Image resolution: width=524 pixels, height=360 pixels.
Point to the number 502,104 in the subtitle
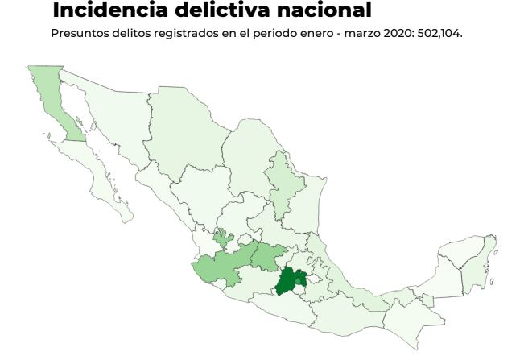coord(439,34)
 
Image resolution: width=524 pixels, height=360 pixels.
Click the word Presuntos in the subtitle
coord(75,34)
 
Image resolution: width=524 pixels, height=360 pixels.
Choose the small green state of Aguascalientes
coord(224,238)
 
